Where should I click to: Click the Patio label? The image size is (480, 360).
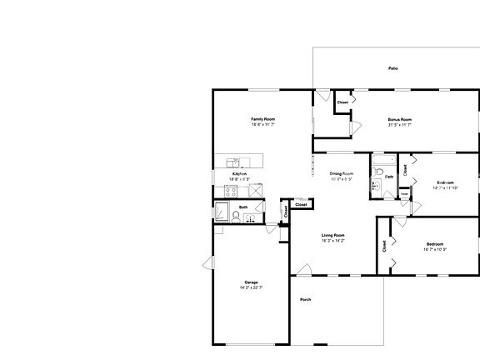pos(392,68)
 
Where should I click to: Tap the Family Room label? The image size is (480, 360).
pos(263,119)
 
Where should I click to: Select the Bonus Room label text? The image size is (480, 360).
pos(400,119)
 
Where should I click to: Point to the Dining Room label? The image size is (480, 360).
pos(342,173)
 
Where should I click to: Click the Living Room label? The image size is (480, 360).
pos(333,236)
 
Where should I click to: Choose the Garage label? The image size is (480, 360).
pos(251,282)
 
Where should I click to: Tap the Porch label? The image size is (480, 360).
pos(306,299)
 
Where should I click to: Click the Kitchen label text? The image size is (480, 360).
pos(239,173)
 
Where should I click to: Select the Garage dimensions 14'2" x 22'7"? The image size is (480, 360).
pos(251,287)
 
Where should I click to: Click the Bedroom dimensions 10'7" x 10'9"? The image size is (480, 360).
pos(435,249)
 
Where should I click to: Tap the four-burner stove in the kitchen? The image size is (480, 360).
pos(232,190)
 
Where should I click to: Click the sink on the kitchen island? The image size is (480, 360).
pos(233,162)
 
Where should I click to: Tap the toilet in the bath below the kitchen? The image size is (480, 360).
pos(236,216)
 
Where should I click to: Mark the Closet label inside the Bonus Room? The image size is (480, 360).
pos(342,102)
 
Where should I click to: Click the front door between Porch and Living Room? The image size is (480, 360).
pos(304,272)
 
